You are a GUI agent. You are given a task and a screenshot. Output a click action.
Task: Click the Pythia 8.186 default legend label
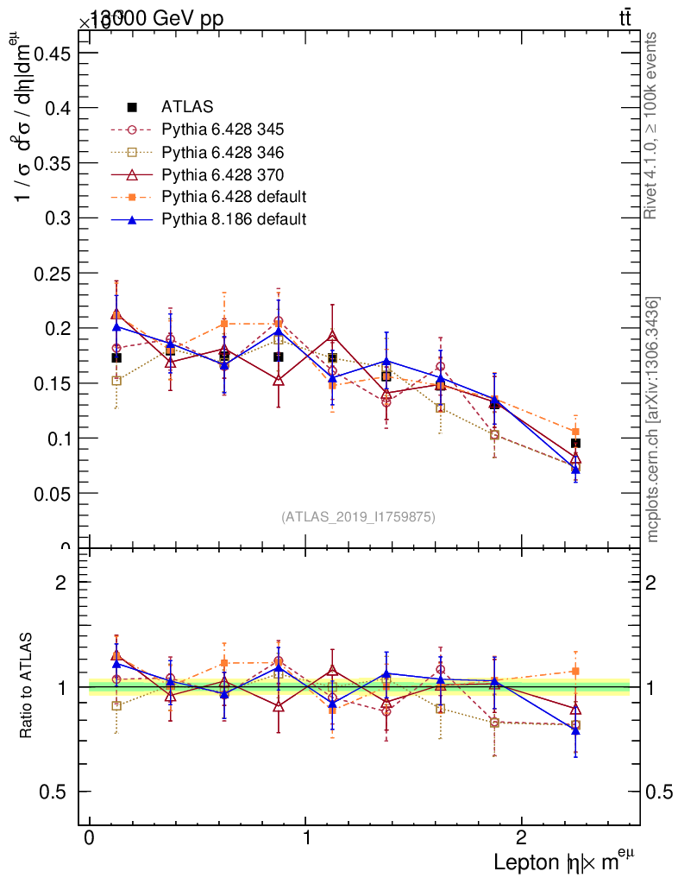(x=234, y=219)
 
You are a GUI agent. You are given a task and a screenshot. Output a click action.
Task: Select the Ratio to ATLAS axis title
(x=27, y=687)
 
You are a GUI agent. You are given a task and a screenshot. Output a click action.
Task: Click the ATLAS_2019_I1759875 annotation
(x=358, y=516)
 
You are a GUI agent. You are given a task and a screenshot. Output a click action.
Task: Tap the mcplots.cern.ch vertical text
(x=653, y=420)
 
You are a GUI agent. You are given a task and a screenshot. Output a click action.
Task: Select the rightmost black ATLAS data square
(x=575, y=443)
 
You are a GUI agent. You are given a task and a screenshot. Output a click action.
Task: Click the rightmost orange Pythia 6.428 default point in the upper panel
(x=575, y=432)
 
